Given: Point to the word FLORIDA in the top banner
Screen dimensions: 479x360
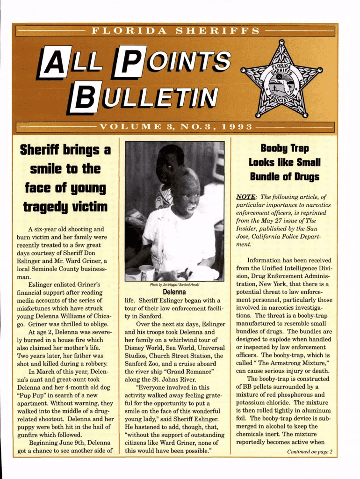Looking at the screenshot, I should point(129,31).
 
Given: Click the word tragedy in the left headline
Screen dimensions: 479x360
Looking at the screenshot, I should point(44,207).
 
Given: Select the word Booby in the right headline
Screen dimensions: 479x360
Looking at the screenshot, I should point(270,149).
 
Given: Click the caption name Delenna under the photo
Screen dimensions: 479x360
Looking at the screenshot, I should point(174,292).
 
